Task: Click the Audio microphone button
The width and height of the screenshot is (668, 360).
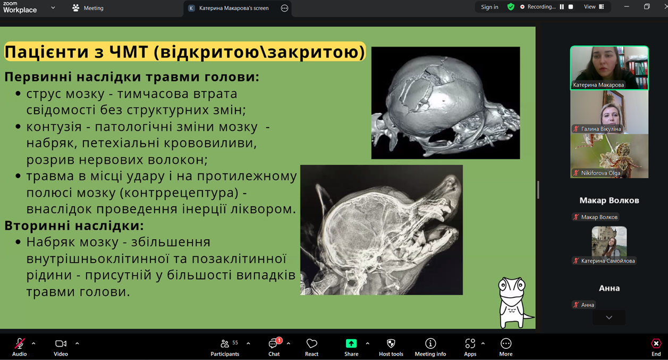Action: (19, 347)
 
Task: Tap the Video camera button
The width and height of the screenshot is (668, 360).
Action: (61, 347)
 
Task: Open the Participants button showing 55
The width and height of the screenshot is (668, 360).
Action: (225, 347)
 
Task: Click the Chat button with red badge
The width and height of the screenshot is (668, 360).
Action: (274, 347)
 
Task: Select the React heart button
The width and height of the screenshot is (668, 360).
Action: (311, 347)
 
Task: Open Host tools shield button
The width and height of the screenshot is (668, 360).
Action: (391, 347)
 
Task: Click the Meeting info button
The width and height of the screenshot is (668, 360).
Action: (430, 347)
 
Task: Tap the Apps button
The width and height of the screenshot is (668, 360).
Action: (470, 347)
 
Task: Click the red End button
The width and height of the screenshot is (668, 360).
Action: (656, 347)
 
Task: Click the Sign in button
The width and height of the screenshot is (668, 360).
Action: (489, 7)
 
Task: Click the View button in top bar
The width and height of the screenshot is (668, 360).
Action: (594, 7)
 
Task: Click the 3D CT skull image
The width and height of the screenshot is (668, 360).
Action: (445, 103)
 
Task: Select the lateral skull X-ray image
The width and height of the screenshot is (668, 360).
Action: (382, 230)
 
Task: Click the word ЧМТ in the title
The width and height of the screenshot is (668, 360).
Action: (129, 52)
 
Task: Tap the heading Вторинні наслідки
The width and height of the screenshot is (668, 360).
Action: (74, 225)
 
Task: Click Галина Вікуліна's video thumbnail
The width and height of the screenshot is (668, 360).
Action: (609, 112)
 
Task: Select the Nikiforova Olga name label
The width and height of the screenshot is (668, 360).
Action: (601, 173)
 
